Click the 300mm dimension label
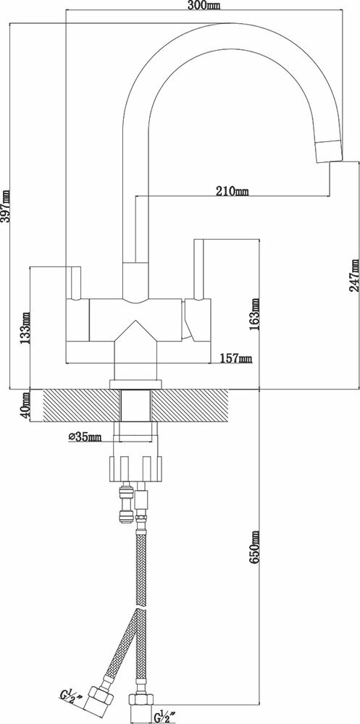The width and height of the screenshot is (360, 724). pos(204,6)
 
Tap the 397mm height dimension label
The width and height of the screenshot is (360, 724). pos(6,206)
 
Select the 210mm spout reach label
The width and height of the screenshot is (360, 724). pos(233,190)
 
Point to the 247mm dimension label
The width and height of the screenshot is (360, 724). pos(354,275)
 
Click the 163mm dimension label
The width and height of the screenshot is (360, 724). pos(255,315)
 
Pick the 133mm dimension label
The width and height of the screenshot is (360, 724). pos(25,329)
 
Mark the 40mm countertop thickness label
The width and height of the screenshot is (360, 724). pos(25,405)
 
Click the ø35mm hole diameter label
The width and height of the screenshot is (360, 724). pos(85,437)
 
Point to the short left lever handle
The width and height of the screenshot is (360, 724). pos(75,283)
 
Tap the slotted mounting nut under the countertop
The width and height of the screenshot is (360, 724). pos(136,468)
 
